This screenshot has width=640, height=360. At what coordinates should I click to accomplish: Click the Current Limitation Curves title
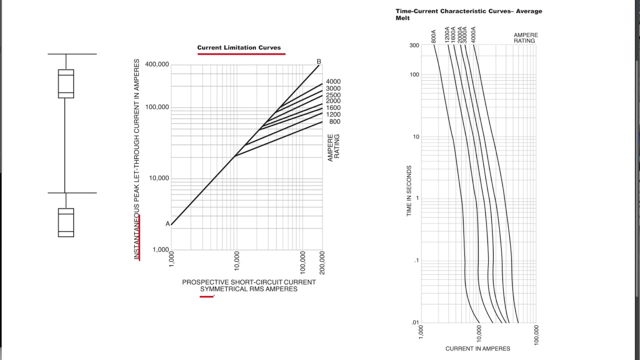coord(239,48)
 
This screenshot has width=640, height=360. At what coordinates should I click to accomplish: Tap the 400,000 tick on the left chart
coord(157,64)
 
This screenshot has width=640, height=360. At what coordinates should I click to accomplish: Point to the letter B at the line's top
coord(319,61)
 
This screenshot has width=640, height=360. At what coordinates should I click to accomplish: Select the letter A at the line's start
coord(168,224)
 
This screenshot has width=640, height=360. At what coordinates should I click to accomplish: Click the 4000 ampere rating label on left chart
coord(333,81)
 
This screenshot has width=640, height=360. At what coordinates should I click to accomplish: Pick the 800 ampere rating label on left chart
coord(334,121)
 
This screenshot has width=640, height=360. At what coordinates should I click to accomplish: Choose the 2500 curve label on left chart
coord(333,95)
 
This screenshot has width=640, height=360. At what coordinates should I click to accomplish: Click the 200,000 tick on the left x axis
coord(322,262)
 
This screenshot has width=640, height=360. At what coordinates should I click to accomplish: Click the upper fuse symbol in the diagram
coord(66,83)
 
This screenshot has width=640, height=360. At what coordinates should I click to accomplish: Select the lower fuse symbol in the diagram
coord(66,222)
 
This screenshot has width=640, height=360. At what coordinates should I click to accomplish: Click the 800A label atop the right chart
coord(433,36)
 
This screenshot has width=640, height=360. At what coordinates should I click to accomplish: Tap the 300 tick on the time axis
coord(414,45)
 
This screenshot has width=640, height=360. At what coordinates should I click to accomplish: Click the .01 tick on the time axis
coord(415,322)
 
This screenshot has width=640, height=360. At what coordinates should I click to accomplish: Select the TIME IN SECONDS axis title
coord(409,191)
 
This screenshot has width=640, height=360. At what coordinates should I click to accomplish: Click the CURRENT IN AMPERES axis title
coord(477,348)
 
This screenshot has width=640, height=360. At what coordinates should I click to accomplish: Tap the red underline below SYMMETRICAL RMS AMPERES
coord(206,296)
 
